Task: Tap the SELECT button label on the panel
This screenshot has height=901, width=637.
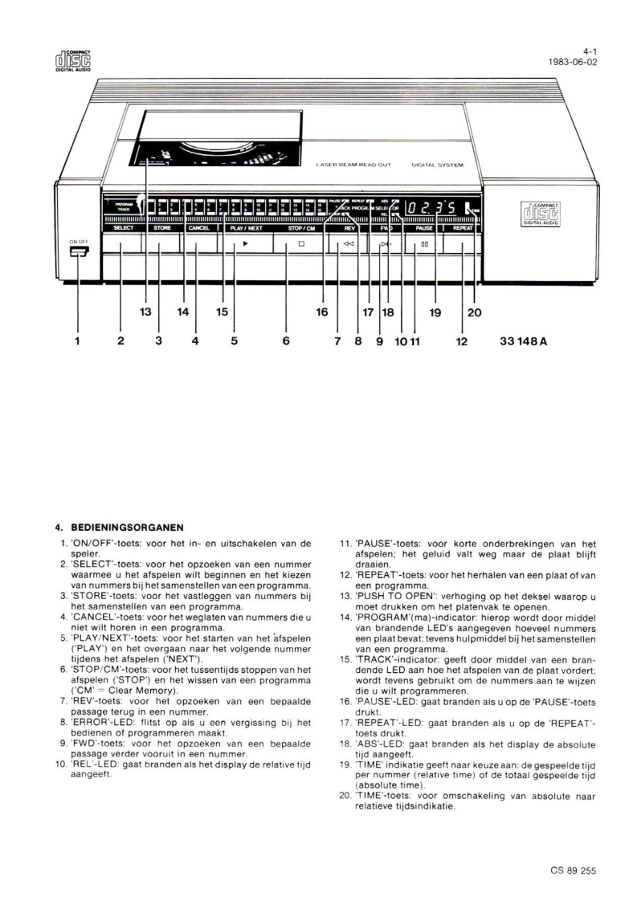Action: click(123, 229)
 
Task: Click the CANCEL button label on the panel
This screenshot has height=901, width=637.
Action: click(198, 229)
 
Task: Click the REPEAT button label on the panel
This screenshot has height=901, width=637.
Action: click(461, 229)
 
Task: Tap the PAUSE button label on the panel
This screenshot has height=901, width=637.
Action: click(424, 229)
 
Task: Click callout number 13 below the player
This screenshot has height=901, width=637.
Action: click(146, 312)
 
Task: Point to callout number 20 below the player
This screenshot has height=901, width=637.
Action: click(474, 312)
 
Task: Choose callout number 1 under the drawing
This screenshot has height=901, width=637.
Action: click(78, 341)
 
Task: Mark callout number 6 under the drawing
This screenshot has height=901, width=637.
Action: click(286, 341)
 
